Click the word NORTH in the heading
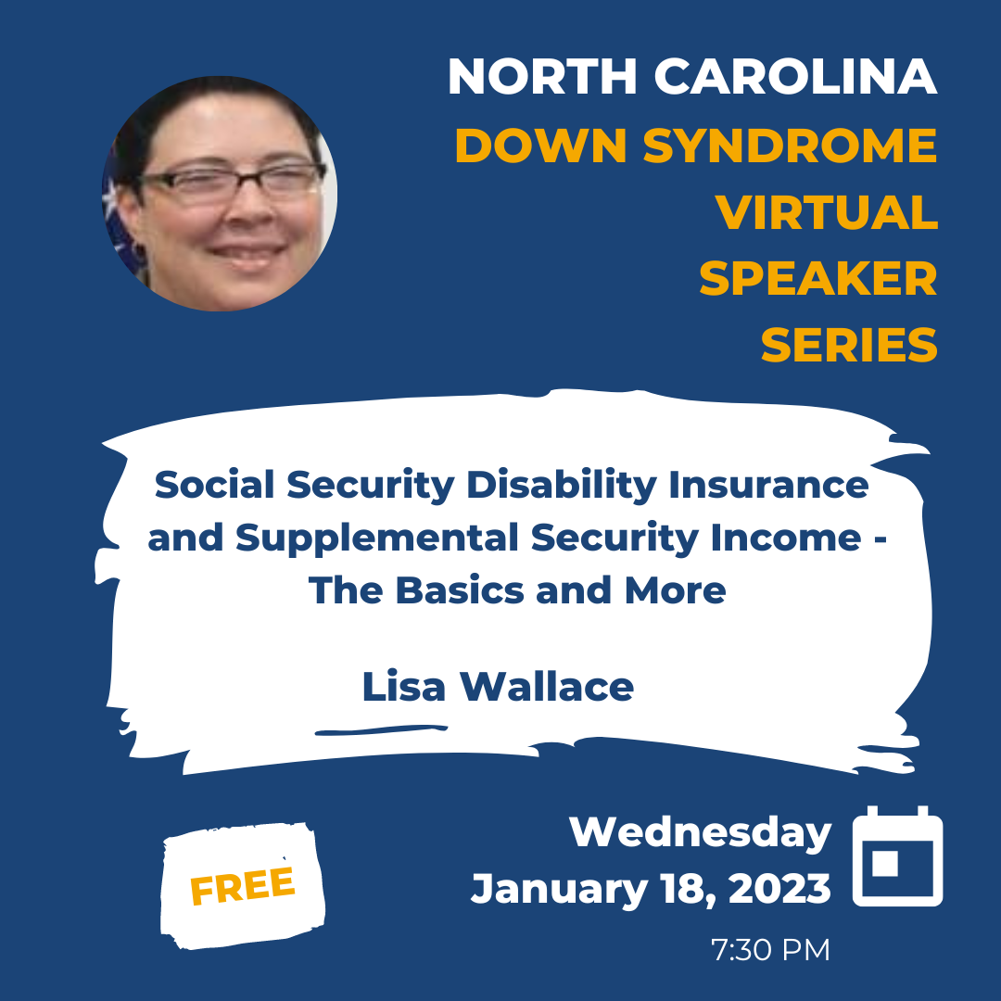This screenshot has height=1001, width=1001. pos(542,77)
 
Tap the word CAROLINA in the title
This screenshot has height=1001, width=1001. pos(795,77)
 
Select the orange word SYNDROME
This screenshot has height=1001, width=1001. pos(790,145)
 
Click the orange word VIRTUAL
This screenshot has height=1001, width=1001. pos(826,212)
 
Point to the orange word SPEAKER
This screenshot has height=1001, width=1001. pos(817,279)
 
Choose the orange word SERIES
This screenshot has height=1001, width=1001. pos(849,346)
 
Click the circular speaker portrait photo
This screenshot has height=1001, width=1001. pos(220,194)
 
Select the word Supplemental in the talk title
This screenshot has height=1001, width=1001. pos(376,539)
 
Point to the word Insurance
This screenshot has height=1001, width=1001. pos(768,485)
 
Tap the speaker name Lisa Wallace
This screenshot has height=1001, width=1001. pos(498,687)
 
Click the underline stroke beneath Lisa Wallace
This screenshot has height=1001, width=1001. pos(381,729)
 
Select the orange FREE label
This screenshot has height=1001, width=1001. pos(243,886)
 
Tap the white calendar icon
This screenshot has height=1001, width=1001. pos(897,855)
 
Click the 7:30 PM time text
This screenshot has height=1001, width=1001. pos(770,950)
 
